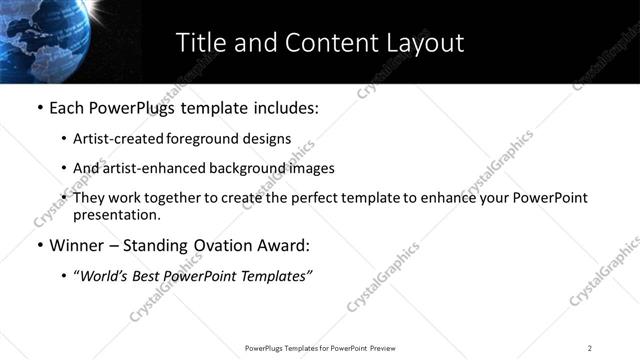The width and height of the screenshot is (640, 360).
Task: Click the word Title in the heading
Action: pyautogui.click(x=199, y=43)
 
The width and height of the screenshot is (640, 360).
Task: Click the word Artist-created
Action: pyautogui.click(x=113, y=139)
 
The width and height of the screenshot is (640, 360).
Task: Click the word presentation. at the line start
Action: pyautogui.click(x=116, y=214)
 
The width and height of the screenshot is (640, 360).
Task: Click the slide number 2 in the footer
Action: pyautogui.click(x=590, y=348)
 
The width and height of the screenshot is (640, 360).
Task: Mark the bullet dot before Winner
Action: pyautogui.click(x=40, y=245)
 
